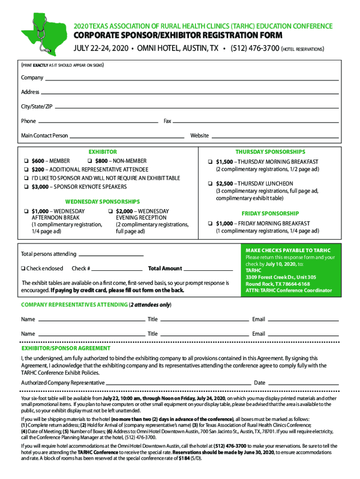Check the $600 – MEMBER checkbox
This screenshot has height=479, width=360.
26,161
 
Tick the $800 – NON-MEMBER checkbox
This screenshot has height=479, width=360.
90,161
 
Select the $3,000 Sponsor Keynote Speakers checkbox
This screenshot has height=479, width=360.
26,187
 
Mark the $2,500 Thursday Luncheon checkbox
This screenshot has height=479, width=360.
210,184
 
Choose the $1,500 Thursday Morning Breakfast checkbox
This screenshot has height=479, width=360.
210,162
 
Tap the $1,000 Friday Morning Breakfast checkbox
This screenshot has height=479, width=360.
210,224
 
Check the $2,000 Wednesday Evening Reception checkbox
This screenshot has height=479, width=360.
110,211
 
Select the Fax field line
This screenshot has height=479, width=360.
255,123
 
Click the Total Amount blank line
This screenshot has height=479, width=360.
208,270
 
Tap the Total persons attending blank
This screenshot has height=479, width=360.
110,255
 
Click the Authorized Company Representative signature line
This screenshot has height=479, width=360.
178,384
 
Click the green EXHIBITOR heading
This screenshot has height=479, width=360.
103,152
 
